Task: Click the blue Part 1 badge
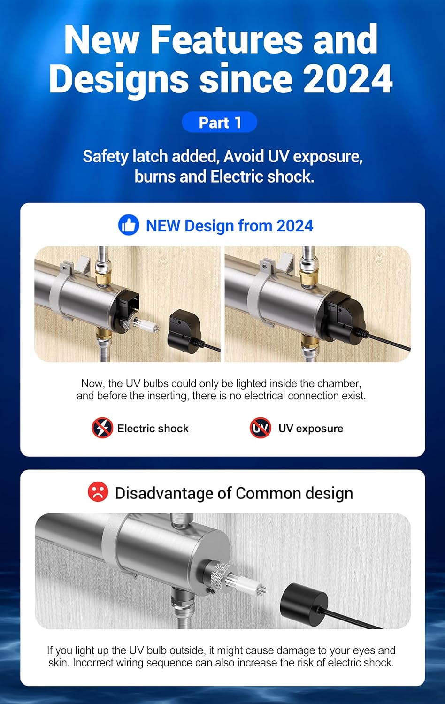pyautogui.click(x=219, y=122)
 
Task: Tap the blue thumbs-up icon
pyautogui.click(x=129, y=225)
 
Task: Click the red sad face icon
pyautogui.click(x=98, y=491)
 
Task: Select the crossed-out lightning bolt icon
pyautogui.click(x=102, y=428)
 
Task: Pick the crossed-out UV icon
pyautogui.click(x=261, y=428)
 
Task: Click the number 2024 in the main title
pyautogui.click(x=348, y=79)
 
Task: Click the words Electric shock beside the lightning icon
pyautogui.click(x=153, y=429)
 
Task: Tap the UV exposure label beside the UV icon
pyautogui.click(x=311, y=429)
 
